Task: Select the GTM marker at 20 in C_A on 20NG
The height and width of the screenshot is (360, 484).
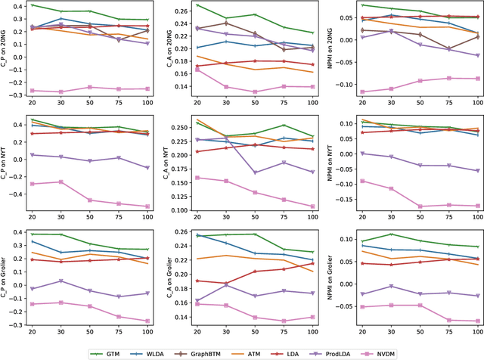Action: point(197,5)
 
